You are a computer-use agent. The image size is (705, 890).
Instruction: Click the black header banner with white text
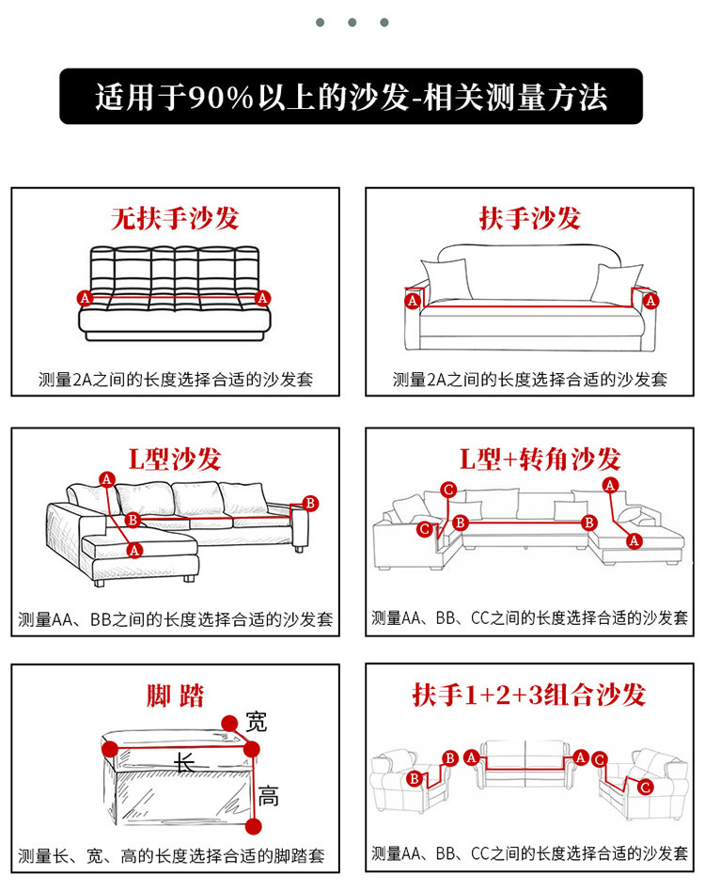pos(352,97)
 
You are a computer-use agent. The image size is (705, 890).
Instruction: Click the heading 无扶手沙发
pos(175,219)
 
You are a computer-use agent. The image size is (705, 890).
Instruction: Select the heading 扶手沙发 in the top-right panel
pos(530,219)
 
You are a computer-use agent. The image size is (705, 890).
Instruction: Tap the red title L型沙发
pos(175,460)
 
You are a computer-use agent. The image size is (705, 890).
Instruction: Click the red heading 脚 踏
pos(175,696)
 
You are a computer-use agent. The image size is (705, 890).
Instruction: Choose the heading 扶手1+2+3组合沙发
pos(529,695)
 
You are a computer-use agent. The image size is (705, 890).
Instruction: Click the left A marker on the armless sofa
pos(86,298)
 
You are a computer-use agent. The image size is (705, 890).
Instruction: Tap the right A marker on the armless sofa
pos(262,298)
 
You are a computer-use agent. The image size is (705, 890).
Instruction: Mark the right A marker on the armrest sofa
pos(650,301)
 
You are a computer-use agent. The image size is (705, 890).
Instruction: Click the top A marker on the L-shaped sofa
pos(107,479)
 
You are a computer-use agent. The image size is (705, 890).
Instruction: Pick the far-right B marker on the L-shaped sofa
pos(311,502)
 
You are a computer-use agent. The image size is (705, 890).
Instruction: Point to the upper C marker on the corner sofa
pos(448,490)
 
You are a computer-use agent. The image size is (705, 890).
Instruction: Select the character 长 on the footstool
pos(185,762)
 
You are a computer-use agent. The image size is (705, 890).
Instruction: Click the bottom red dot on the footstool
pos(252,826)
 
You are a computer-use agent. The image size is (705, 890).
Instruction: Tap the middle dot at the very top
pos(352,22)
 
